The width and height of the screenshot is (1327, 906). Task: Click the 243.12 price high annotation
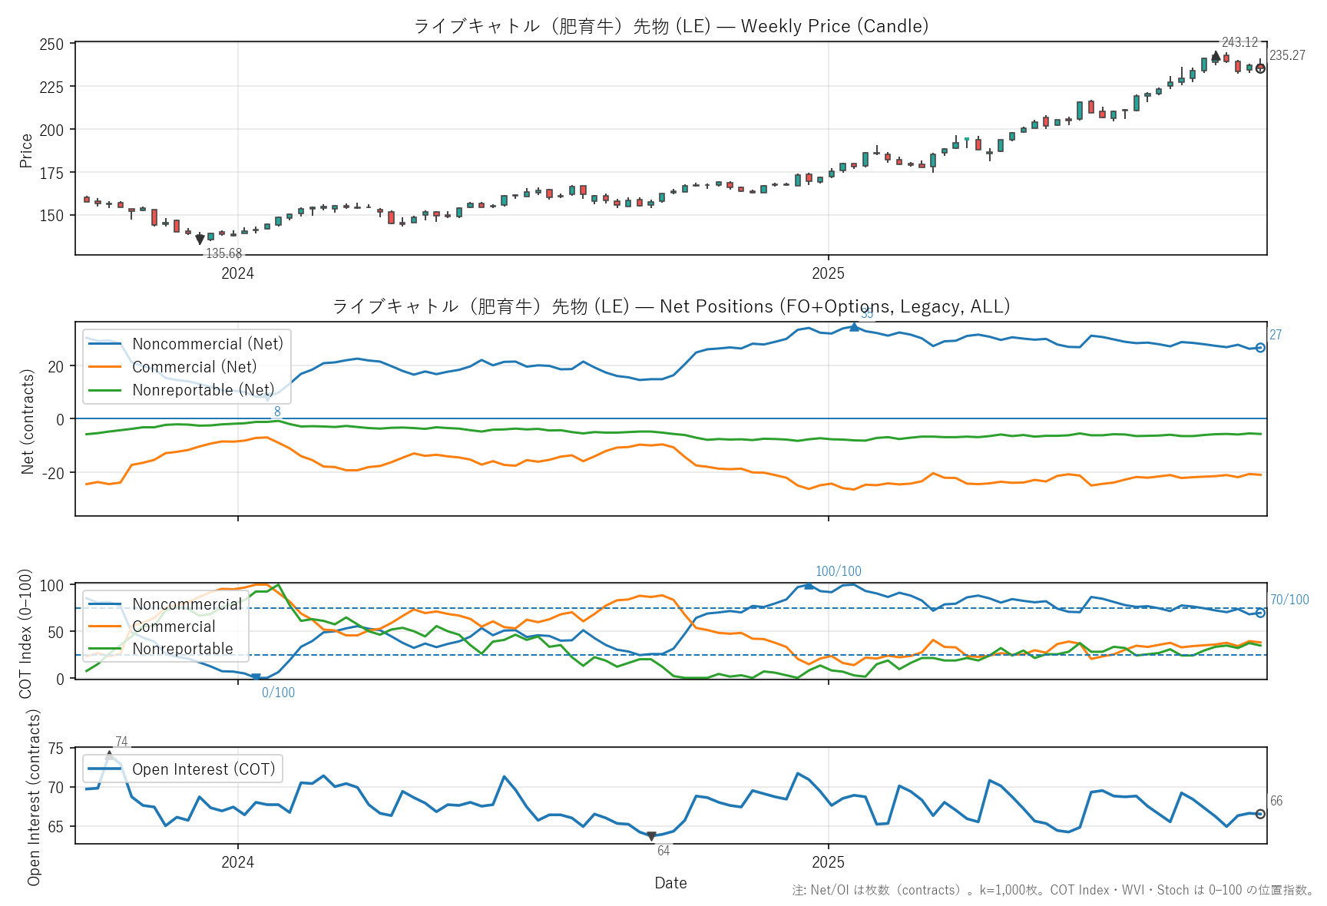coord(1239,43)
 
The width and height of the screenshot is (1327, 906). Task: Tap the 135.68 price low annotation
coord(223,254)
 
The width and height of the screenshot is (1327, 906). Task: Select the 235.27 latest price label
coord(1287,55)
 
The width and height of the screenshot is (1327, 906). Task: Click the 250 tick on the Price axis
coord(52,45)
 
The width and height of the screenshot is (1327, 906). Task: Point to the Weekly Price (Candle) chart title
coord(670,26)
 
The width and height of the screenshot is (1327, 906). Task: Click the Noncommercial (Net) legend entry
coord(207,344)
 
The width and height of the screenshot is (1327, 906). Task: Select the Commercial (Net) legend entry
coord(194,367)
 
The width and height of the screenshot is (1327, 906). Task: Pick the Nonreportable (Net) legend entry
coord(203,390)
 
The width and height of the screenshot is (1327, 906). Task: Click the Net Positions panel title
coord(670,306)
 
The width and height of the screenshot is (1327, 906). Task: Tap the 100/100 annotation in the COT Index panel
coord(838,571)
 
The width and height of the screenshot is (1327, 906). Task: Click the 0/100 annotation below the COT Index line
coord(278,693)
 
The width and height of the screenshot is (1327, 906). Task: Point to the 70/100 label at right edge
coord(1289,600)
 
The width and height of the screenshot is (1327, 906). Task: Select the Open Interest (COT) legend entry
coord(203,769)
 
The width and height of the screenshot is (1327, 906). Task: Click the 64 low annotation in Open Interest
coord(663,851)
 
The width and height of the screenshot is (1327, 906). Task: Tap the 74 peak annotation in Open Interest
coord(121,742)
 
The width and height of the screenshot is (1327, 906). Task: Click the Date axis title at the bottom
coord(670,883)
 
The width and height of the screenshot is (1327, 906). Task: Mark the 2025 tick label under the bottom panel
coord(828,862)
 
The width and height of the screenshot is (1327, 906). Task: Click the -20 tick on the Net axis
coord(54,472)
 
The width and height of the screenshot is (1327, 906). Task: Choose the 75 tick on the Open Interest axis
coord(55,749)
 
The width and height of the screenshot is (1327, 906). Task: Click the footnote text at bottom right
coord(1052,891)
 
